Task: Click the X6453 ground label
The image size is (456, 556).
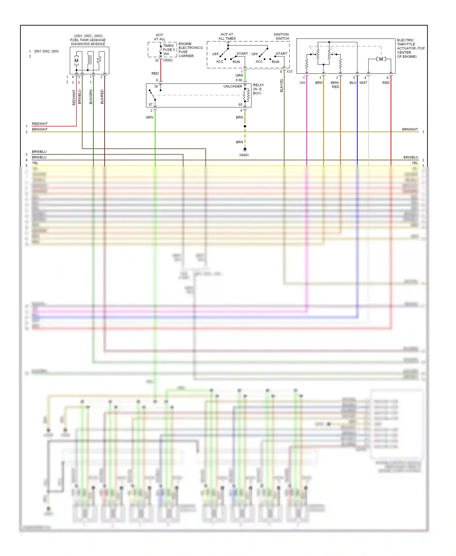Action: point(244,155)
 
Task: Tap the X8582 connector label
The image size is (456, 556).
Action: point(168,60)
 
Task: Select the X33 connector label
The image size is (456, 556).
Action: point(289,71)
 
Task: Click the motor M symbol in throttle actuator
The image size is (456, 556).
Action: point(381,59)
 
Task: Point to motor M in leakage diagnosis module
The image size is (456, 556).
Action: point(76,61)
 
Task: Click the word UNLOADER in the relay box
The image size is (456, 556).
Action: point(233,86)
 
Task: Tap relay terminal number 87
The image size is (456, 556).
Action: point(150,105)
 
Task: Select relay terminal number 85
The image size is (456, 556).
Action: point(240,105)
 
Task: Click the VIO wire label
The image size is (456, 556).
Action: point(302,83)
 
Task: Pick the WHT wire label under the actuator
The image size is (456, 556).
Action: point(363,83)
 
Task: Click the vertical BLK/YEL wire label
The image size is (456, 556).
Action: point(282,85)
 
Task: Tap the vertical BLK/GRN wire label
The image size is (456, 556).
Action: point(91,97)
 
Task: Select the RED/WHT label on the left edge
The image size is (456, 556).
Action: point(40,124)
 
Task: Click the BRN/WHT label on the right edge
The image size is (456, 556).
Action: point(410,129)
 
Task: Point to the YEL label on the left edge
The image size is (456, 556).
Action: point(35,163)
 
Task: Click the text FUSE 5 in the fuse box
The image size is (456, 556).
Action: point(169,50)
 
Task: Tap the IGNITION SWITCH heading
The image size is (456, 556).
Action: point(281,36)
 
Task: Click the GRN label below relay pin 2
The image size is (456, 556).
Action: point(149,117)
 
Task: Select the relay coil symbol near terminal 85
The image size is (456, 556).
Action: point(247,95)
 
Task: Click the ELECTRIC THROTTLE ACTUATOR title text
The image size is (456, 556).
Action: point(410,48)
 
